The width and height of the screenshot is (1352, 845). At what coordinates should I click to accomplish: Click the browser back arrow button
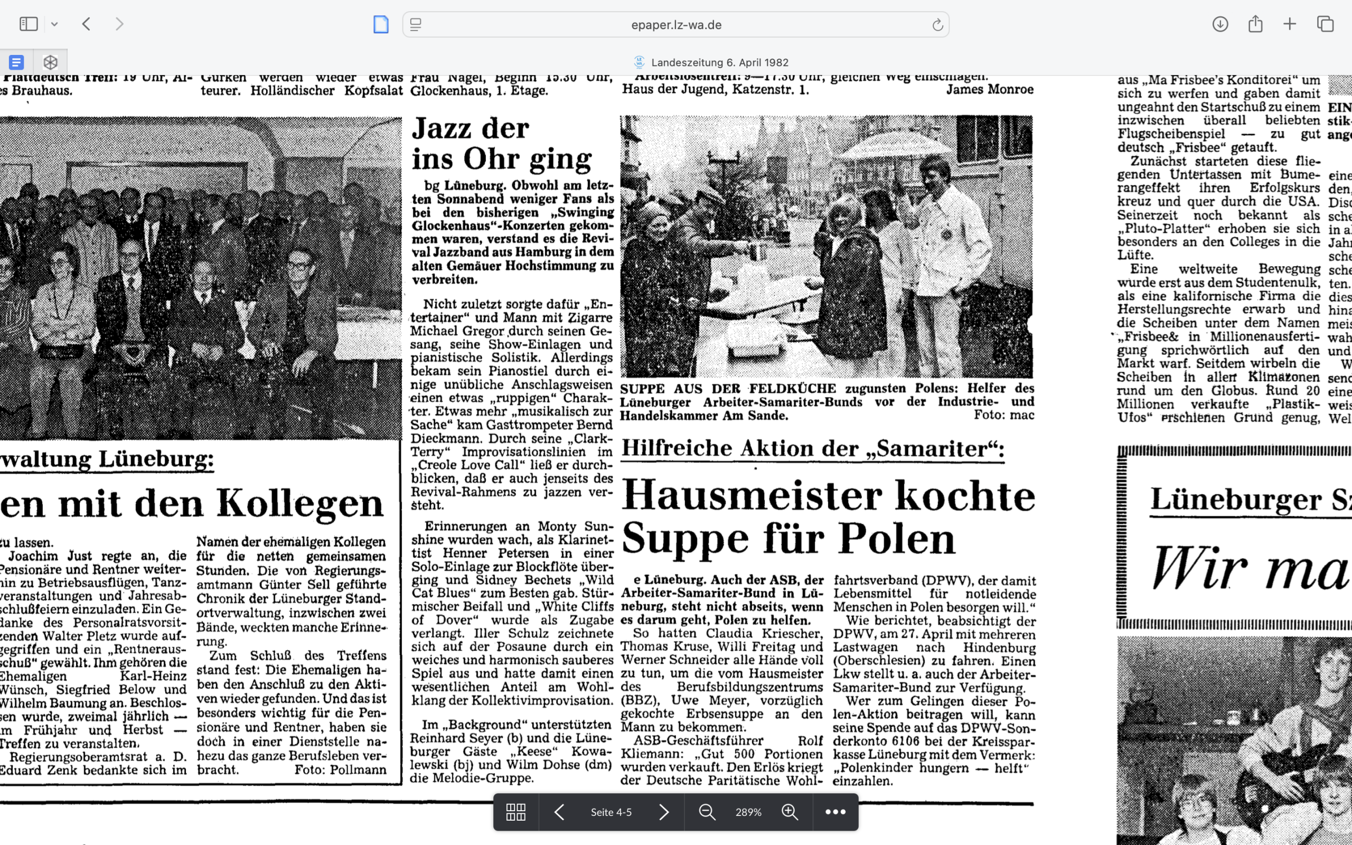click(86, 24)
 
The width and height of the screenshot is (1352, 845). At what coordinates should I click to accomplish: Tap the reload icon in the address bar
click(937, 25)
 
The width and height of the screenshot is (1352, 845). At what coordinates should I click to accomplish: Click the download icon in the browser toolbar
click(1219, 24)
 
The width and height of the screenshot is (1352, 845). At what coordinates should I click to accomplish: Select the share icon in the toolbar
click(1255, 24)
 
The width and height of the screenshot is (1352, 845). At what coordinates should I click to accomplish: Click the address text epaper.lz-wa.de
click(676, 25)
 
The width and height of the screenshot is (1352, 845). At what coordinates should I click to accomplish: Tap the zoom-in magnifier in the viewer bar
click(790, 812)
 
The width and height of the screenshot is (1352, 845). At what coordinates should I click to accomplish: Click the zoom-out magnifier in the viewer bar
click(707, 812)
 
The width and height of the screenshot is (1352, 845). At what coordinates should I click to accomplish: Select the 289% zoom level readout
click(748, 812)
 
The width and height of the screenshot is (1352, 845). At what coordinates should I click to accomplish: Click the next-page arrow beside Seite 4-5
click(664, 812)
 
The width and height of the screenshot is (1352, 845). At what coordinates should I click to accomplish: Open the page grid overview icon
click(515, 812)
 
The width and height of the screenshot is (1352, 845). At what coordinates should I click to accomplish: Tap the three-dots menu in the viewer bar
click(835, 812)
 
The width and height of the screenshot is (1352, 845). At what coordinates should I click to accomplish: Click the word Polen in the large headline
click(896, 539)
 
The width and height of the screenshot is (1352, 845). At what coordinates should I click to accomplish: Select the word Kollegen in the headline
click(299, 504)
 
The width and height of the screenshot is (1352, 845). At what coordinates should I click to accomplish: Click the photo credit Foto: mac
click(1003, 415)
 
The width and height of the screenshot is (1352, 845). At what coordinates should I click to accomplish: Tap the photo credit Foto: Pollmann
click(340, 769)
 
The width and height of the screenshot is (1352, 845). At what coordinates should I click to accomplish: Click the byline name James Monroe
click(989, 89)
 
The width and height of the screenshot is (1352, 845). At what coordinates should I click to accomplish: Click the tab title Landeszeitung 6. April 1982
click(720, 62)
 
